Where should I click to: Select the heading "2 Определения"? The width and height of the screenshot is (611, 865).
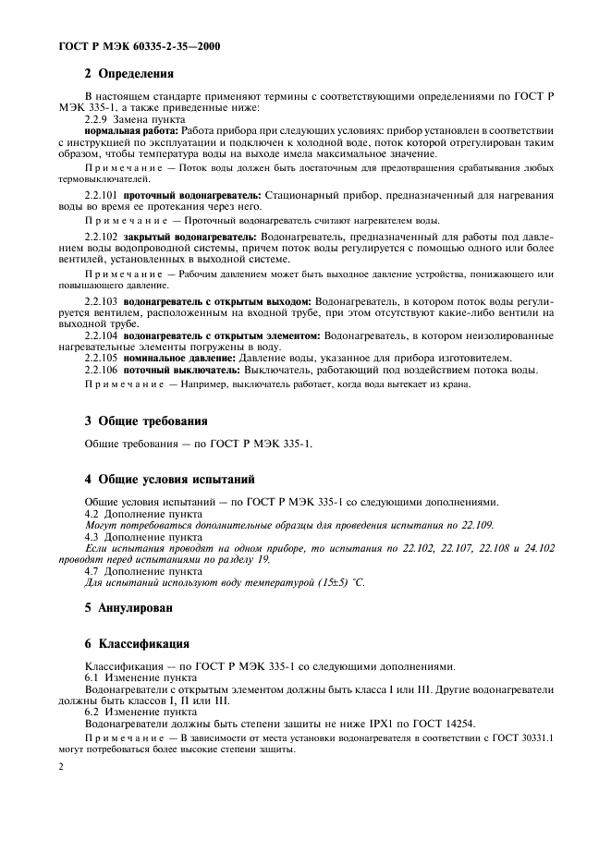click(129, 74)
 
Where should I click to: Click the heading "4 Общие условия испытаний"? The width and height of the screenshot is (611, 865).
click(169, 479)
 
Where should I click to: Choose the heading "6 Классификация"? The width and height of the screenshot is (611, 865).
click(137, 643)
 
